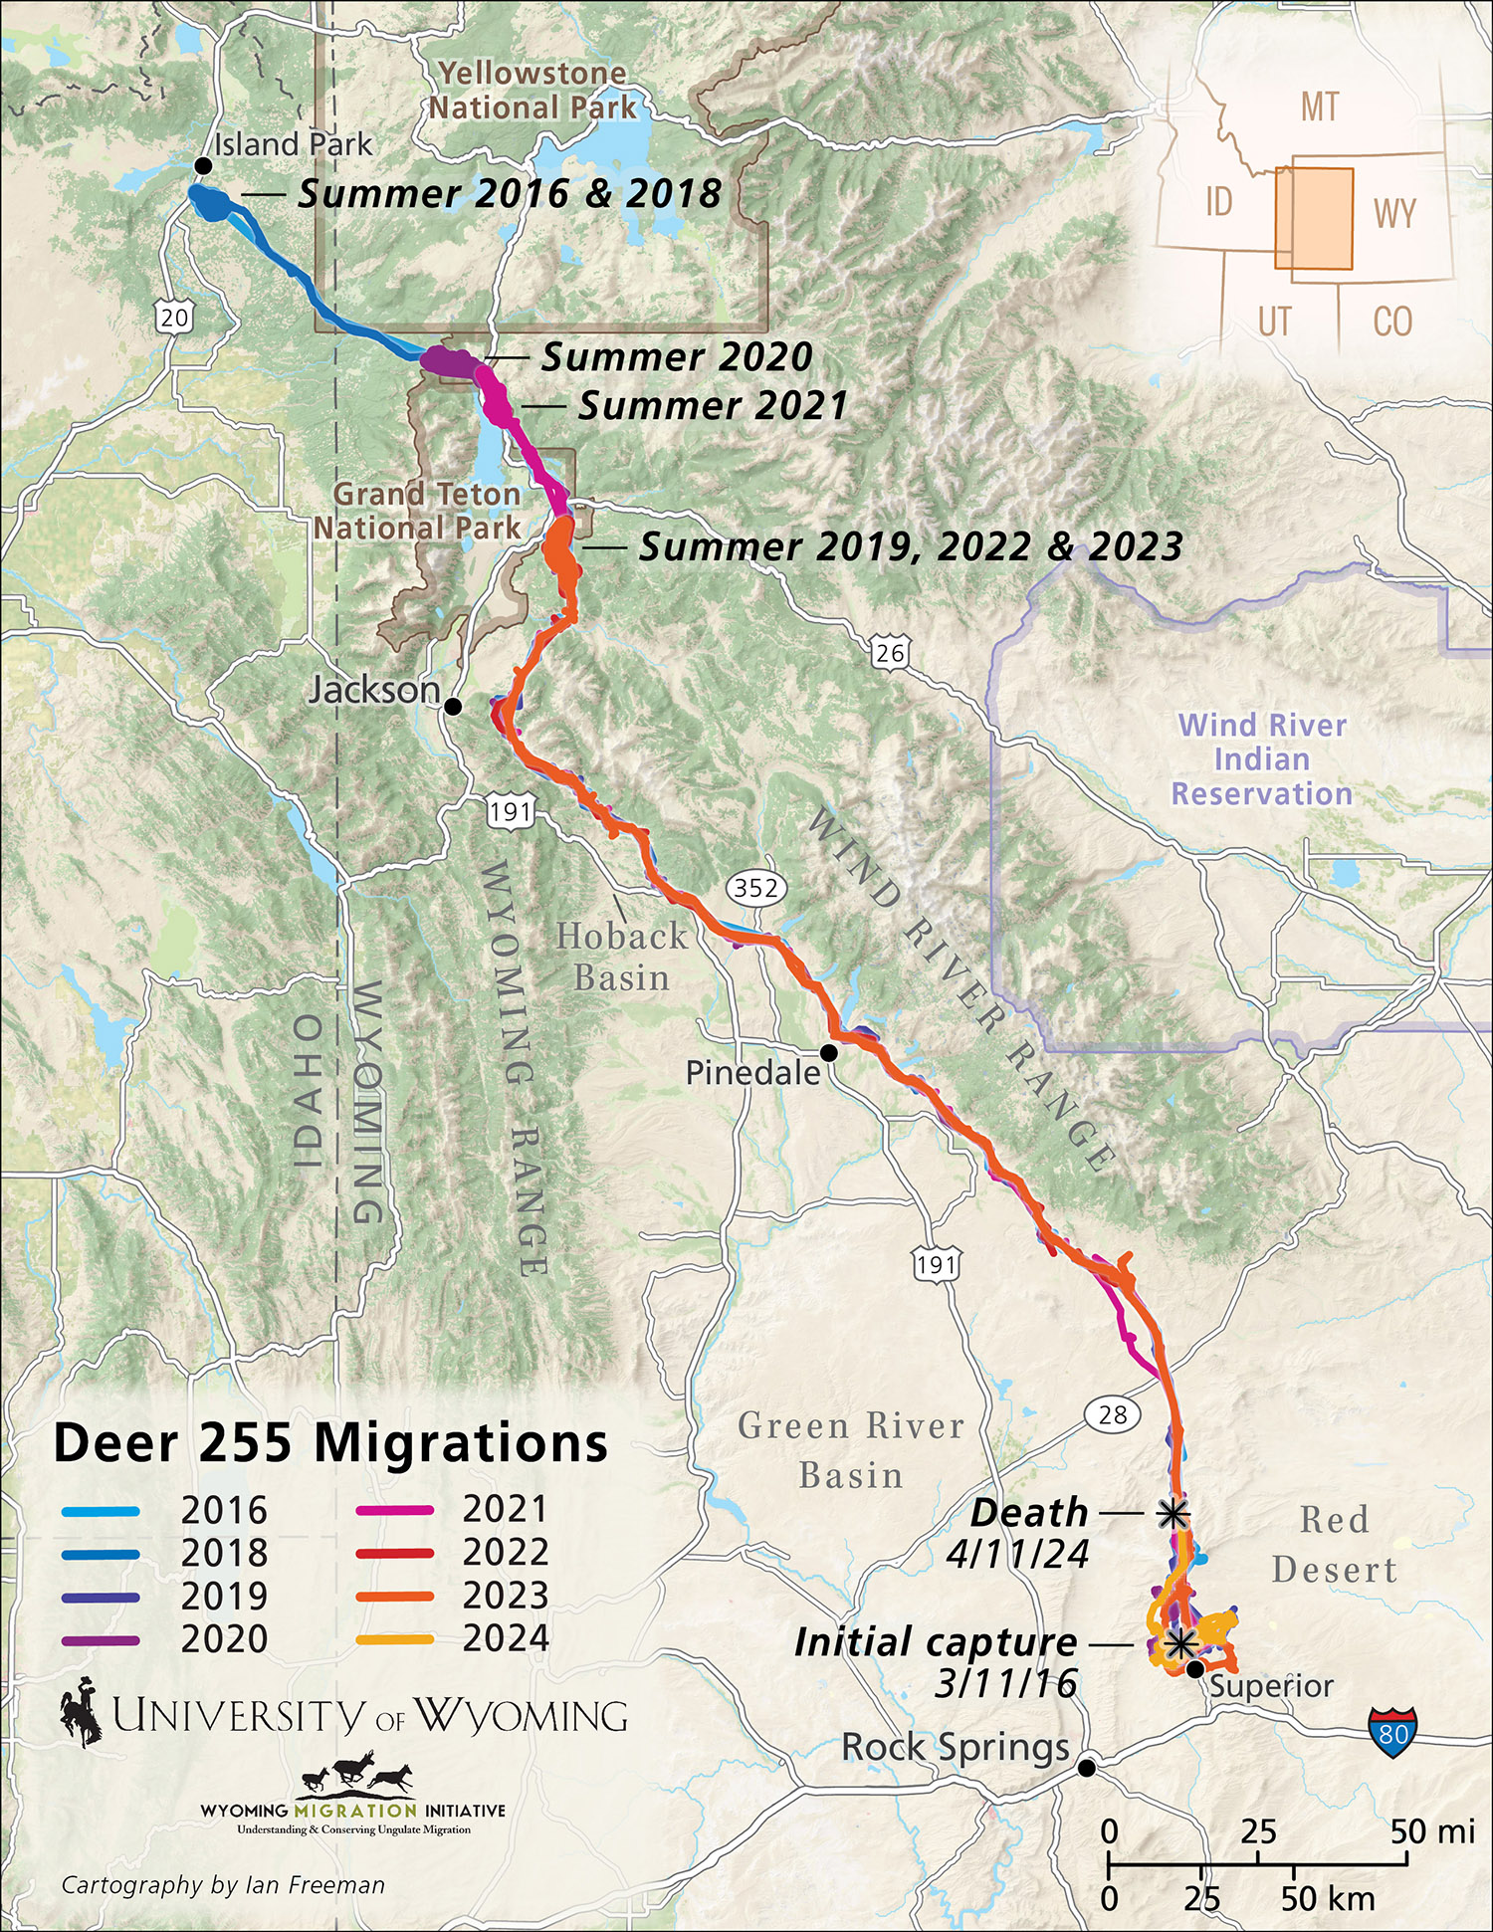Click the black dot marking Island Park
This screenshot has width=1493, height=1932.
pyautogui.click(x=203, y=165)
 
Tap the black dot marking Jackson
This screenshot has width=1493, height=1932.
pyautogui.click(x=453, y=706)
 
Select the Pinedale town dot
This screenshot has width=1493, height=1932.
pyautogui.click(x=828, y=1052)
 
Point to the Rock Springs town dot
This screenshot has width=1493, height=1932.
pyautogui.click(x=1087, y=1768)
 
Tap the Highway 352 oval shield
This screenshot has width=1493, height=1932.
pyautogui.click(x=756, y=887)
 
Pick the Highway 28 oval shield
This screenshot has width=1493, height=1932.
pyautogui.click(x=1113, y=1413)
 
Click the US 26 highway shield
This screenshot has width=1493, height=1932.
pyautogui.click(x=890, y=653)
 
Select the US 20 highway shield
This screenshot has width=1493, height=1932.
pyautogui.click(x=174, y=318)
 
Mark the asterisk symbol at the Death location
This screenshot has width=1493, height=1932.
pyautogui.click(x=1173, y=1513)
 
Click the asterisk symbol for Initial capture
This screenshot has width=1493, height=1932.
pyautogui.click(x=1179, y=1642)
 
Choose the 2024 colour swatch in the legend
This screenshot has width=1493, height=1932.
pyautogui.click(x=394, y=1638)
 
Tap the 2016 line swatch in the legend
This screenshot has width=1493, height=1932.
pyautogui.click(x=100, y=1512)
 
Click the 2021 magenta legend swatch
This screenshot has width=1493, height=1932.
pyautogui.click(x=394, y=1510)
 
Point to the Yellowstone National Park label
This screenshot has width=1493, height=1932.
pyautogui.click(x=533, y=91)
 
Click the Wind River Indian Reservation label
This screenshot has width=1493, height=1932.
pyautogui.click(x=1262, y=759)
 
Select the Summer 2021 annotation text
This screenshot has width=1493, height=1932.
pyautogui.click(x=713, y=406)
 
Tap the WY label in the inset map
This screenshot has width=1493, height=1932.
pyautogui.click(x=1393, y=214)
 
